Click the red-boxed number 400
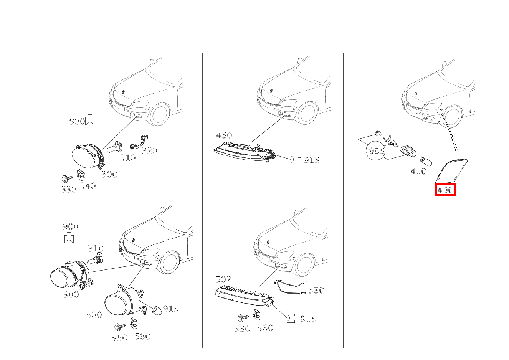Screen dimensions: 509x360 pos(445,190)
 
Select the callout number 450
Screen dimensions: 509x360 pos(224,135)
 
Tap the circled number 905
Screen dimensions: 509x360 pos(377,150)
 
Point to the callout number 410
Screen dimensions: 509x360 pos(418,171)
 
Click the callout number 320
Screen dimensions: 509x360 pos(150,150)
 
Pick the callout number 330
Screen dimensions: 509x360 pos(69,189)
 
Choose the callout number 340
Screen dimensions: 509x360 pos(88,186)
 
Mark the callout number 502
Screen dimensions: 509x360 pos(223,279)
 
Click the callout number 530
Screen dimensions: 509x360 pos(316,290)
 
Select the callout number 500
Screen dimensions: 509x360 pos(94,315)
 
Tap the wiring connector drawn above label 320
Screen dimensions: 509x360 pos(139,142)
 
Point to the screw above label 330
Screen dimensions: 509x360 pos(67,178)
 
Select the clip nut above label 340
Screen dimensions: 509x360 pos(81,175)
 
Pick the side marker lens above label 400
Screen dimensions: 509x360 pos(451,171)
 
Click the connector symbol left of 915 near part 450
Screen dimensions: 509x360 pos(296,159)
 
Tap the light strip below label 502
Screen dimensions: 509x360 pos(245,296)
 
